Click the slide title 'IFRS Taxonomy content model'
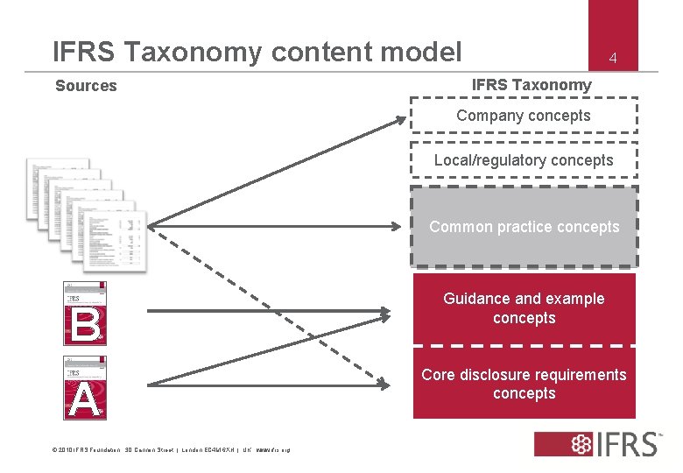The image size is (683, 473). pos(257,52)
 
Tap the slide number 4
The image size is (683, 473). pos(614,59)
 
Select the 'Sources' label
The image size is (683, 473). pos(86,86)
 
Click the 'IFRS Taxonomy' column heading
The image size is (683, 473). pos(532,85)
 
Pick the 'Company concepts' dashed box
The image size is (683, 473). pos(524,116)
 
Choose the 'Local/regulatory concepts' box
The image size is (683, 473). pos(524,160)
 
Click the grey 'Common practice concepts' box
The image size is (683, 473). pos(524,227)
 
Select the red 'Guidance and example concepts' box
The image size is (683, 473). pos(524,308)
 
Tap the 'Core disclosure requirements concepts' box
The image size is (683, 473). pos(524,384)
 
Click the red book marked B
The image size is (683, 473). pos(86,314)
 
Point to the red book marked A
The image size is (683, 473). pos(86,387)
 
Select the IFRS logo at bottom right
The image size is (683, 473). pos(597,443)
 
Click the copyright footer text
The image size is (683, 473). pos(171,450)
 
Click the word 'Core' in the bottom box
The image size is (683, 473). pos(438,375)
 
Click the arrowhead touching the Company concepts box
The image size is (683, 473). pos(401,122)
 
